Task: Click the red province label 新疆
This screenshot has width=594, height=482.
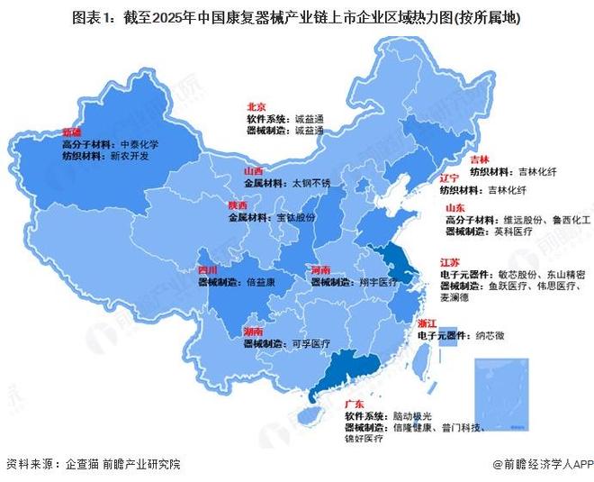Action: [x=72, y=132]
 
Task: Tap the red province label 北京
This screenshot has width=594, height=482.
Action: [x=256, y=106]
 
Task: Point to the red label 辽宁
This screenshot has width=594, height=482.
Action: [x=450, y=178]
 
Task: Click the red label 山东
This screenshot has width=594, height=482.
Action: [x=454, y=207]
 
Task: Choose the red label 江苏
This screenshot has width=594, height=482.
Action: [x=449, y=262]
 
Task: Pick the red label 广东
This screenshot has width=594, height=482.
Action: [x=355, y=405]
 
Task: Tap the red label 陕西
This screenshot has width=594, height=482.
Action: [x=238, y=205]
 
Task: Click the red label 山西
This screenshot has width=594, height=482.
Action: [x=253, y=170]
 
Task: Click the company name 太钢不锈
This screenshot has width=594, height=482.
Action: [x=313, y=182]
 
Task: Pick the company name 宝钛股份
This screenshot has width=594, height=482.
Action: [x=295, y=217]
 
